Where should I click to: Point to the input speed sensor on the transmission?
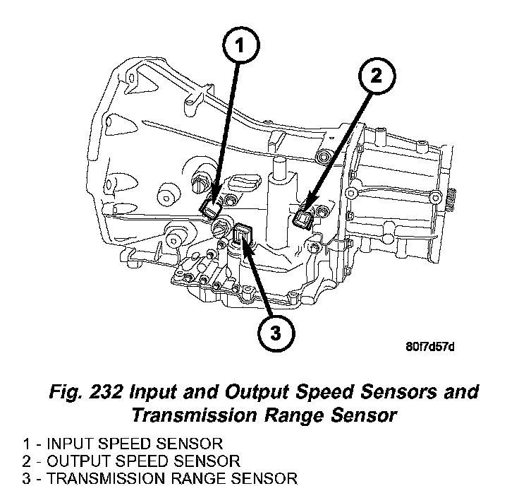[x=211, y=207]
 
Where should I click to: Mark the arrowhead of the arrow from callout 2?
[x=307, y=210]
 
